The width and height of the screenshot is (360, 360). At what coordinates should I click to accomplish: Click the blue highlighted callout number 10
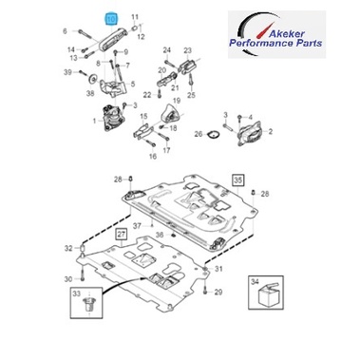[111, 19]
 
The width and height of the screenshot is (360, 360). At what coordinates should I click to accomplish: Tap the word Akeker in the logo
[287, 33]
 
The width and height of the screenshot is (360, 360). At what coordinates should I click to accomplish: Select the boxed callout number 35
[237, 180]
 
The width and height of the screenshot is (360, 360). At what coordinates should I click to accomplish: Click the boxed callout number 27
[122, 235]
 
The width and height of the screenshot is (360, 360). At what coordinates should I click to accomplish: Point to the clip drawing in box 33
[89, 305]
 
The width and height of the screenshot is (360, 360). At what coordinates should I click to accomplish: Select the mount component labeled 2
[252, 132]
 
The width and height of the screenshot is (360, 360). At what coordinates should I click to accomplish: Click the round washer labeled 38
[92, 79]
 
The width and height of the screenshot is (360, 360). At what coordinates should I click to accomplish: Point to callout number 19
[177, 101]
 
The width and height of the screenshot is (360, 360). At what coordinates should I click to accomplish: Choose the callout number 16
[153, 156]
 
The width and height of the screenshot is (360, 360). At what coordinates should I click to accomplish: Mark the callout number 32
[68, 248]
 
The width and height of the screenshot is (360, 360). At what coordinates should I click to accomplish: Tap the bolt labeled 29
[205, 290]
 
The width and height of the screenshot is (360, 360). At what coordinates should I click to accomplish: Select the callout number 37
[137, 226]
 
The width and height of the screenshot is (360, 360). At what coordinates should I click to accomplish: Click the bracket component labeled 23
[187, 66]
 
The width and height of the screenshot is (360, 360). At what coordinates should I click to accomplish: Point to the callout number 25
[191, 95]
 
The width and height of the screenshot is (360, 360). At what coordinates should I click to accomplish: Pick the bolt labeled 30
[83, 275]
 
